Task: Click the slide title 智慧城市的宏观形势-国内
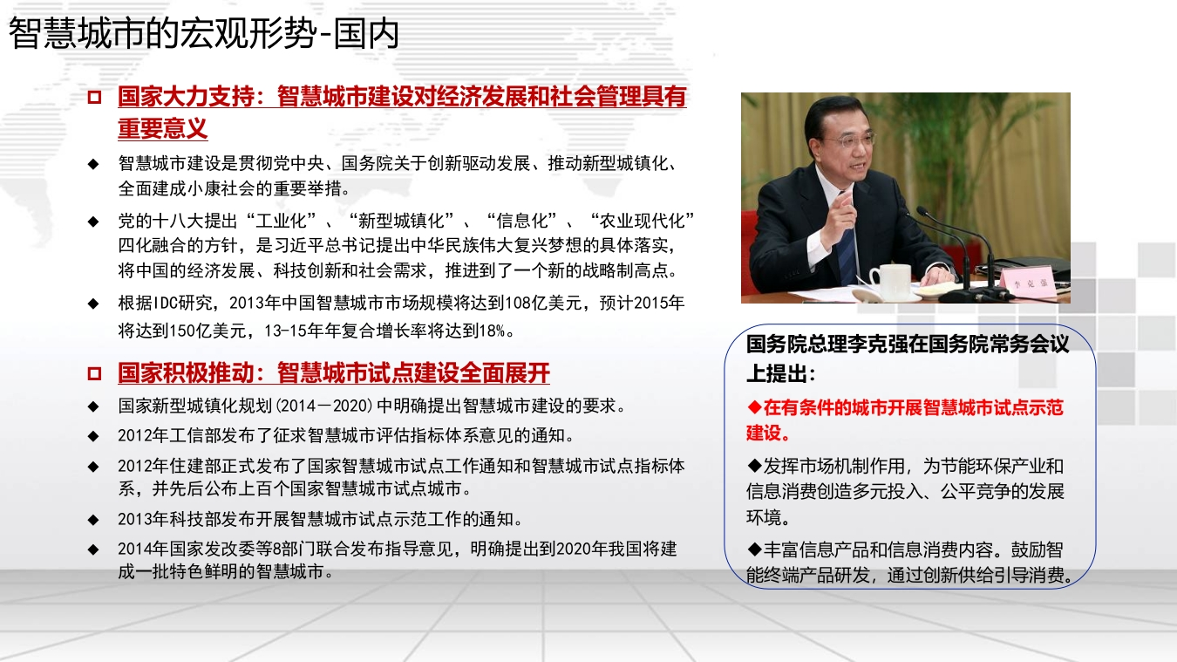click(204, 34)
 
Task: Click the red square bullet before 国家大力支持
click(94, 98)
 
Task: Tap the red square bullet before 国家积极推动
click(94, 374)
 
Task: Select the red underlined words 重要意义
click(163, 128)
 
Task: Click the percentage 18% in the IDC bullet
click(492, 331)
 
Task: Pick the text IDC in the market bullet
click(165, 303)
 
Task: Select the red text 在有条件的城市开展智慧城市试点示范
click(913, 407)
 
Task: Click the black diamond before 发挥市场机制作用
click(754, 466)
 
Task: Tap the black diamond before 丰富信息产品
click(754, 549)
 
